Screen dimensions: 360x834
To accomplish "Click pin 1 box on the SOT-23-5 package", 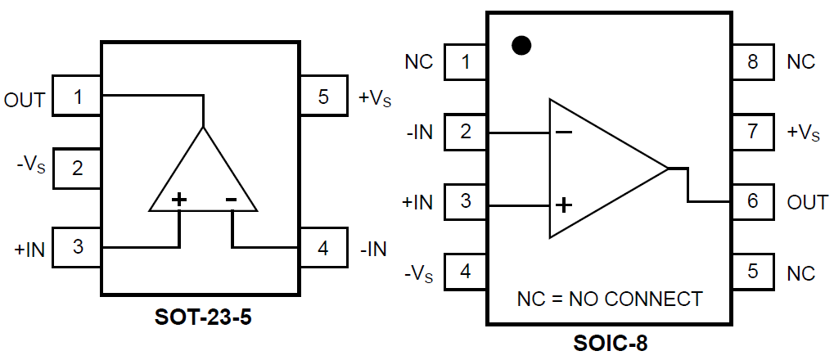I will coord(77,97).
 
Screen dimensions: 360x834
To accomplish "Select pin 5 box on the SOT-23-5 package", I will coord(323,97).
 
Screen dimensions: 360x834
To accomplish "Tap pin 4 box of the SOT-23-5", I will coord(323,247).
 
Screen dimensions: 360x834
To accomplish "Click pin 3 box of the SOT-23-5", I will coord(77,247).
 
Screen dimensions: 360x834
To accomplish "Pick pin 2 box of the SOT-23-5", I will coord(77,169).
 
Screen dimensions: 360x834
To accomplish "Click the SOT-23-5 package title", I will coord(203,317).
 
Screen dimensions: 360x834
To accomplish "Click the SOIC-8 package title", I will coord(609,343).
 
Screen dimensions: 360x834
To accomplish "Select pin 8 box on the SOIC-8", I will coord(752,61).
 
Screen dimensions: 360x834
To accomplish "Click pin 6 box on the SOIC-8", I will coord(752,201).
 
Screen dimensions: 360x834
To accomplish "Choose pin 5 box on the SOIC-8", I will coord(752,272).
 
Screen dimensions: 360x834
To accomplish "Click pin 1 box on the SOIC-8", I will coord(466,61).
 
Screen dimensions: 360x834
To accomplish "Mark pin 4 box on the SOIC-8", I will coord(466,272).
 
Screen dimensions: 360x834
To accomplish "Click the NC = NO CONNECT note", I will coord(609,299).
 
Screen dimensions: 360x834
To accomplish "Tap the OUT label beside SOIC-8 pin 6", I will coord(807,202).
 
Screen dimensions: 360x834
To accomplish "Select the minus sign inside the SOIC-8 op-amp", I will coord(564,131).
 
